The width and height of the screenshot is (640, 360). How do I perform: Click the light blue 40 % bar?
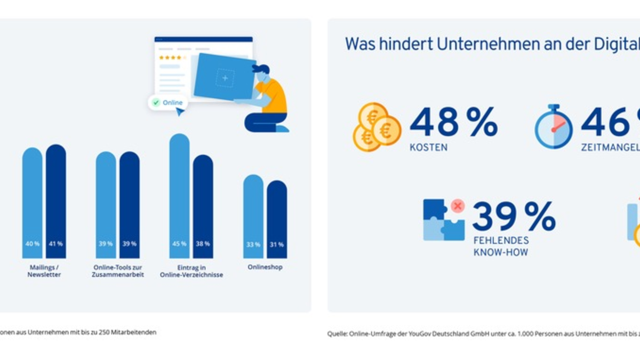32,203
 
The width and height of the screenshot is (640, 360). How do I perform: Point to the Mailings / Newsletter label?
44,271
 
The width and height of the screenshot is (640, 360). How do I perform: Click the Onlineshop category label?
265,267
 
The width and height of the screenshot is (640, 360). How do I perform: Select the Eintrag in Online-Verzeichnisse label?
191,271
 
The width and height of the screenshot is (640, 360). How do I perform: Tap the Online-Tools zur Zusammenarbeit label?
118,271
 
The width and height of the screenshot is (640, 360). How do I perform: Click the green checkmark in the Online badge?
156,102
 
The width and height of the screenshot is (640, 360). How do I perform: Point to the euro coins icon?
376,127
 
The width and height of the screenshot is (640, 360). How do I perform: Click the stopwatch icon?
554,127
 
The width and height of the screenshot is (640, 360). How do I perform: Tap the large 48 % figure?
453,122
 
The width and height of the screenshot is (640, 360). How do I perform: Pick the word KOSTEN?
428,147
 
